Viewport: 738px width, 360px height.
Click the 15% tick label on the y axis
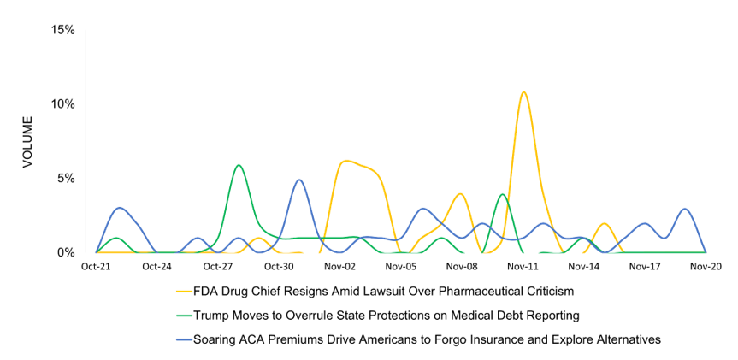point(63,30)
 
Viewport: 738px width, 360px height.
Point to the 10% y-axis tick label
point(63,104)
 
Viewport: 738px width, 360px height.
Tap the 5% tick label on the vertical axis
point(67,179)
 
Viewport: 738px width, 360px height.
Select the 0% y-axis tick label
point(67,253)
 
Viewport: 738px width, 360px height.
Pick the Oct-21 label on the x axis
point(97,267)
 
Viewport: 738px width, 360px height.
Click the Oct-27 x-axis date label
point(218,267)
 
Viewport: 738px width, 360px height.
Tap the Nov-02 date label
point(339,267)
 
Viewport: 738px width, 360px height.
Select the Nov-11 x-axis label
point(523,267)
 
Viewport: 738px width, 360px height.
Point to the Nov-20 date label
point(706,267)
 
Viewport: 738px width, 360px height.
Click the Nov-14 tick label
point(583,267)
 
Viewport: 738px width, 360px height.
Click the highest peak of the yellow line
point(523,92)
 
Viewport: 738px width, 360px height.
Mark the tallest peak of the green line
point(239,165)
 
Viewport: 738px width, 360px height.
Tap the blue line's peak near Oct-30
point(298,180)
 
